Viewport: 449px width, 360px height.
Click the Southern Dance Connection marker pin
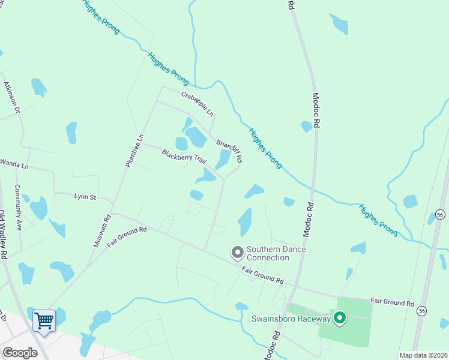click(x=238, y=253)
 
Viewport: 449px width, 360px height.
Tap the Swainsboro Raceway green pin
click(x=340, y=318)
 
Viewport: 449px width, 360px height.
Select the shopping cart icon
click(x=44, y=321)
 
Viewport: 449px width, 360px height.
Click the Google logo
click(x=20, y=353)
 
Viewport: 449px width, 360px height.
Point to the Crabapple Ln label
click(x=198, y=103)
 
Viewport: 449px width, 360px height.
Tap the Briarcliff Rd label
click(x=229, y=148)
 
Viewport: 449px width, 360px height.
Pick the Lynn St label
click(x=85, y=196)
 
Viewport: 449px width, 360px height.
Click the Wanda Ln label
click(x=14, y=163)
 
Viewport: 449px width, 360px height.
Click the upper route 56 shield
click(x=440, y=214)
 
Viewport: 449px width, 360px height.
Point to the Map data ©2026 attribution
click(x=423, y=355)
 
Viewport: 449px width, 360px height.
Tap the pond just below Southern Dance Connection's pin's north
click(x=245, y=221)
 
